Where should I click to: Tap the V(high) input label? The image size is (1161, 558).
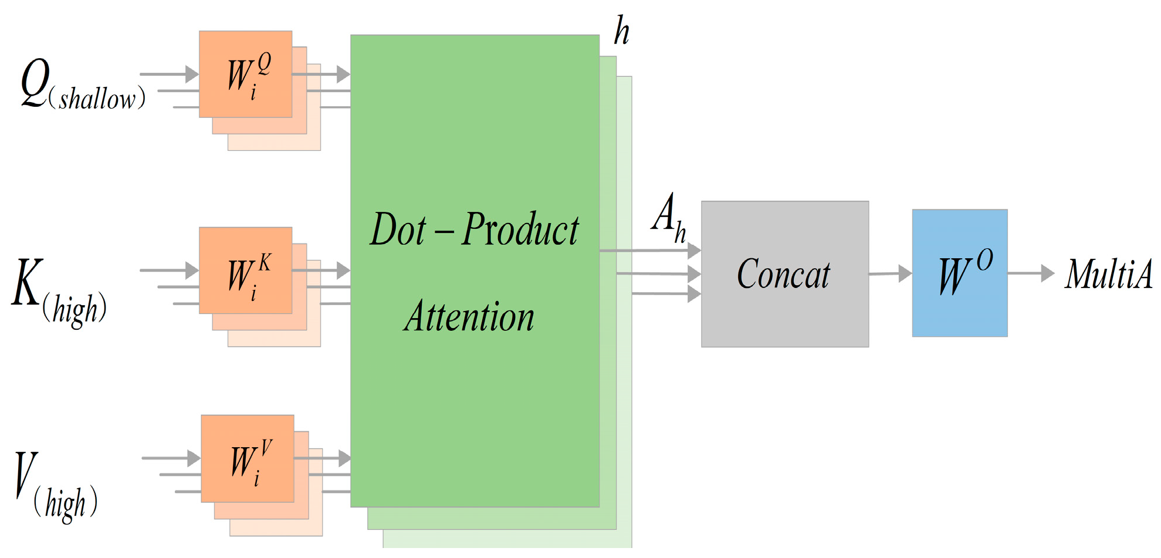click(56, 484)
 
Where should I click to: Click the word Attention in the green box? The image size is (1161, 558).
click(469, 317)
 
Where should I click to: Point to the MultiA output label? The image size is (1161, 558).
click(1108, 274)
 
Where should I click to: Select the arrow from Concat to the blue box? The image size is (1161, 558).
click(889, 273)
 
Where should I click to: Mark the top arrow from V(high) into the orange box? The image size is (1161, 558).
click(171, 458)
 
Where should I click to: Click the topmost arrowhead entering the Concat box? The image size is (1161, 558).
click(694, 251)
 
